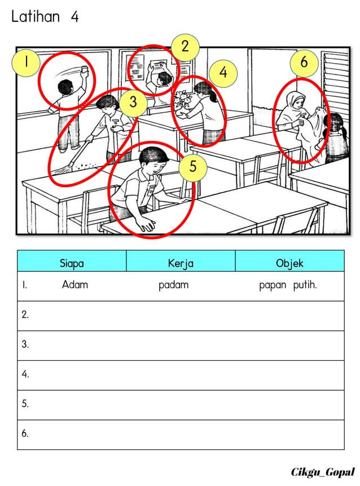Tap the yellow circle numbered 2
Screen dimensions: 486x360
(x=186, y=47)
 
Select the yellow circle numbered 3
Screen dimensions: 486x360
(x=133, y=102)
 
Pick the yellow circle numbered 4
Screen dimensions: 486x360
(x=223, y=73)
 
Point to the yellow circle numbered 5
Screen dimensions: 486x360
(x=193, y=167)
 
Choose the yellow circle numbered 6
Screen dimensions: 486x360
(x=304, y=63)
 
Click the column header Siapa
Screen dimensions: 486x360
(x=72, y=263)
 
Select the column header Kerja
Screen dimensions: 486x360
(x=181, y=263)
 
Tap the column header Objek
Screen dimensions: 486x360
(x=289, y=263)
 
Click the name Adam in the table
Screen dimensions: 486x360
(x=75, y=285)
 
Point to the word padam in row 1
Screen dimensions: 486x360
(x=173, y=285)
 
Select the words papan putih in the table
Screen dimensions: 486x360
(x=288, y=285)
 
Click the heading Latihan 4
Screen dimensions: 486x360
(x=45, y=17)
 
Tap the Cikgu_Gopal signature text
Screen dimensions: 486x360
(x=323, y=471)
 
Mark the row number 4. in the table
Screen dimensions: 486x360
(x=25, y=374)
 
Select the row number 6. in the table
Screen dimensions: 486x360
(x=25, y=434)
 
